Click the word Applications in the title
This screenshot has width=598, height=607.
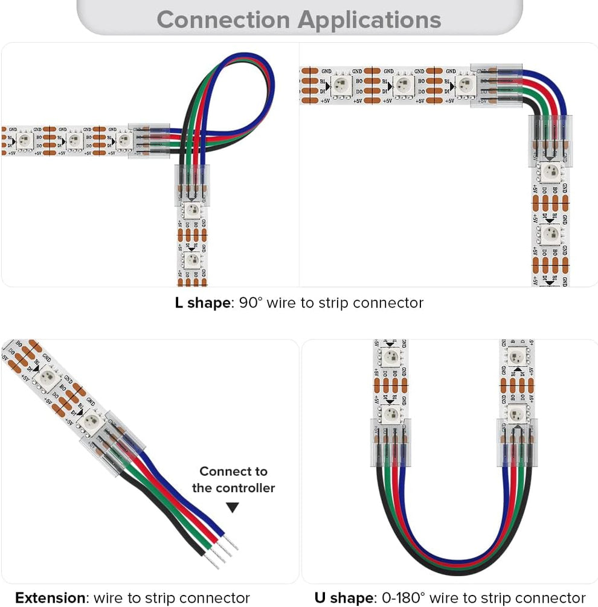pos(370,21)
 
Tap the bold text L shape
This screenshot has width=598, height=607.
pos(203,303)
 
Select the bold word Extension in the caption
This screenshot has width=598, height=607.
pos(51,598)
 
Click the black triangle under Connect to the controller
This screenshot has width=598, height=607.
pos(233,508)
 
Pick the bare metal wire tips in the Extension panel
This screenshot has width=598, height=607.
pos(220,551)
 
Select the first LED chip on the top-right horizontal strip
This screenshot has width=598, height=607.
pos(342,84)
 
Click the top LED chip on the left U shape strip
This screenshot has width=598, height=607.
pos(390,357)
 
